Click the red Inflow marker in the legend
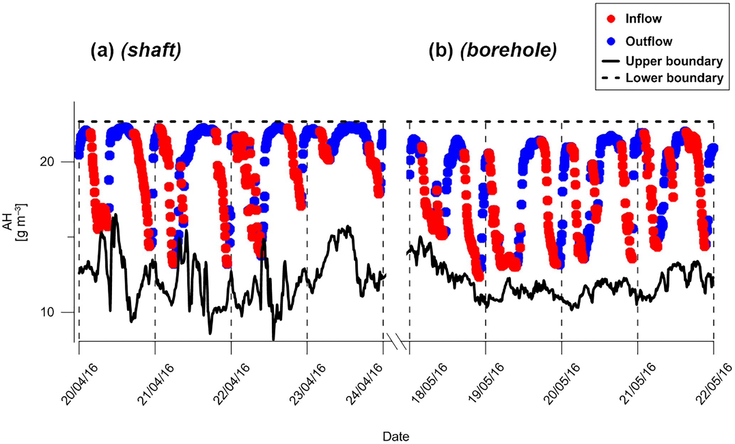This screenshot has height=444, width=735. tap(611, 19)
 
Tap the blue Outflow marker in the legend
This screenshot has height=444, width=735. tap(611, 41)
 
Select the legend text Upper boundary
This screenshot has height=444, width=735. tap(674, 61)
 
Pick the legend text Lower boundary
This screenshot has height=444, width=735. tap(674, 78)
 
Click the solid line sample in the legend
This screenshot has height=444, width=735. tap(611, 61)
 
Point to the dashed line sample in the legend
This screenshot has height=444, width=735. tap(611, 78)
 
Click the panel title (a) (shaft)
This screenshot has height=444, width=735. tap(136, 50)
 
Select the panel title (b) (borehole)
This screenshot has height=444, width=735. tap(492, 50)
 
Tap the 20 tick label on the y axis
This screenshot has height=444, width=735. tap(47, 162)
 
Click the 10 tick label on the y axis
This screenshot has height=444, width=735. tap(47, 312)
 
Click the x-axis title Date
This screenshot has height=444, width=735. tap(396, 437)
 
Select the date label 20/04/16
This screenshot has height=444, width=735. tap(79, 384)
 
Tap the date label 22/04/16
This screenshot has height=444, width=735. tap(231, 384)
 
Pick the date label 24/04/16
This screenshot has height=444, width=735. tap(364, 384)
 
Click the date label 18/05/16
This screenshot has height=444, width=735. tap(429, 384)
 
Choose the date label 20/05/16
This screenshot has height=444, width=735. tap(562, 384)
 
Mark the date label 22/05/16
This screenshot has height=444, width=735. tap(714, 384)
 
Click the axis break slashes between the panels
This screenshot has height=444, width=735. tap(396, 341)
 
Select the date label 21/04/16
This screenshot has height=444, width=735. tap(155, 384)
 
